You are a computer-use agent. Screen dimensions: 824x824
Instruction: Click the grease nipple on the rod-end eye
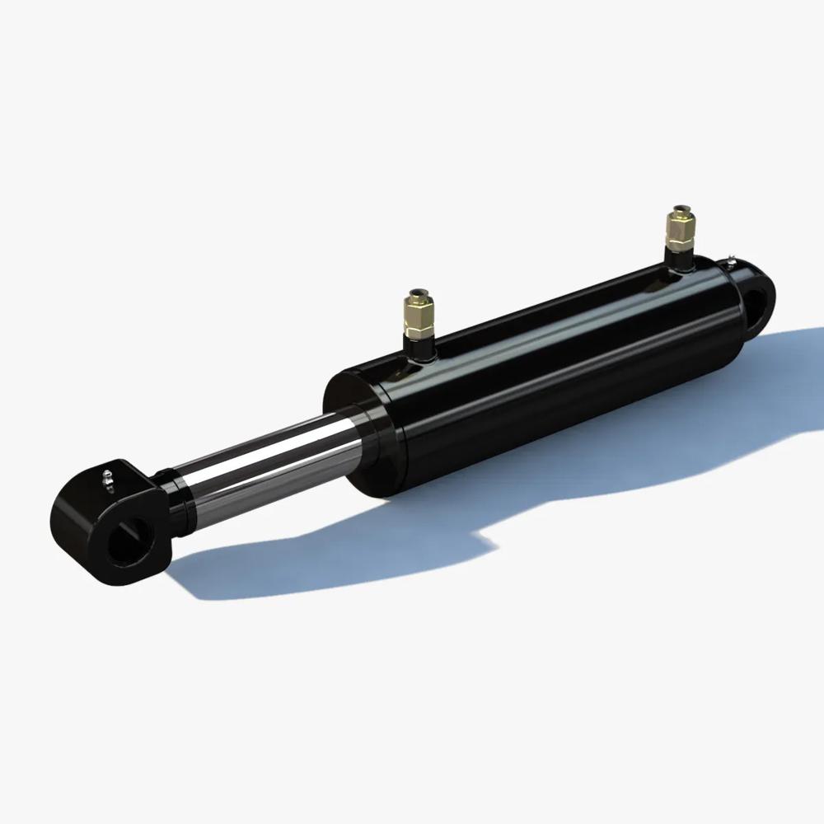(x=106, y=476)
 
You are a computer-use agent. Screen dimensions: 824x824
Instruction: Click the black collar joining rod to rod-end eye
(x=176, y=498)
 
